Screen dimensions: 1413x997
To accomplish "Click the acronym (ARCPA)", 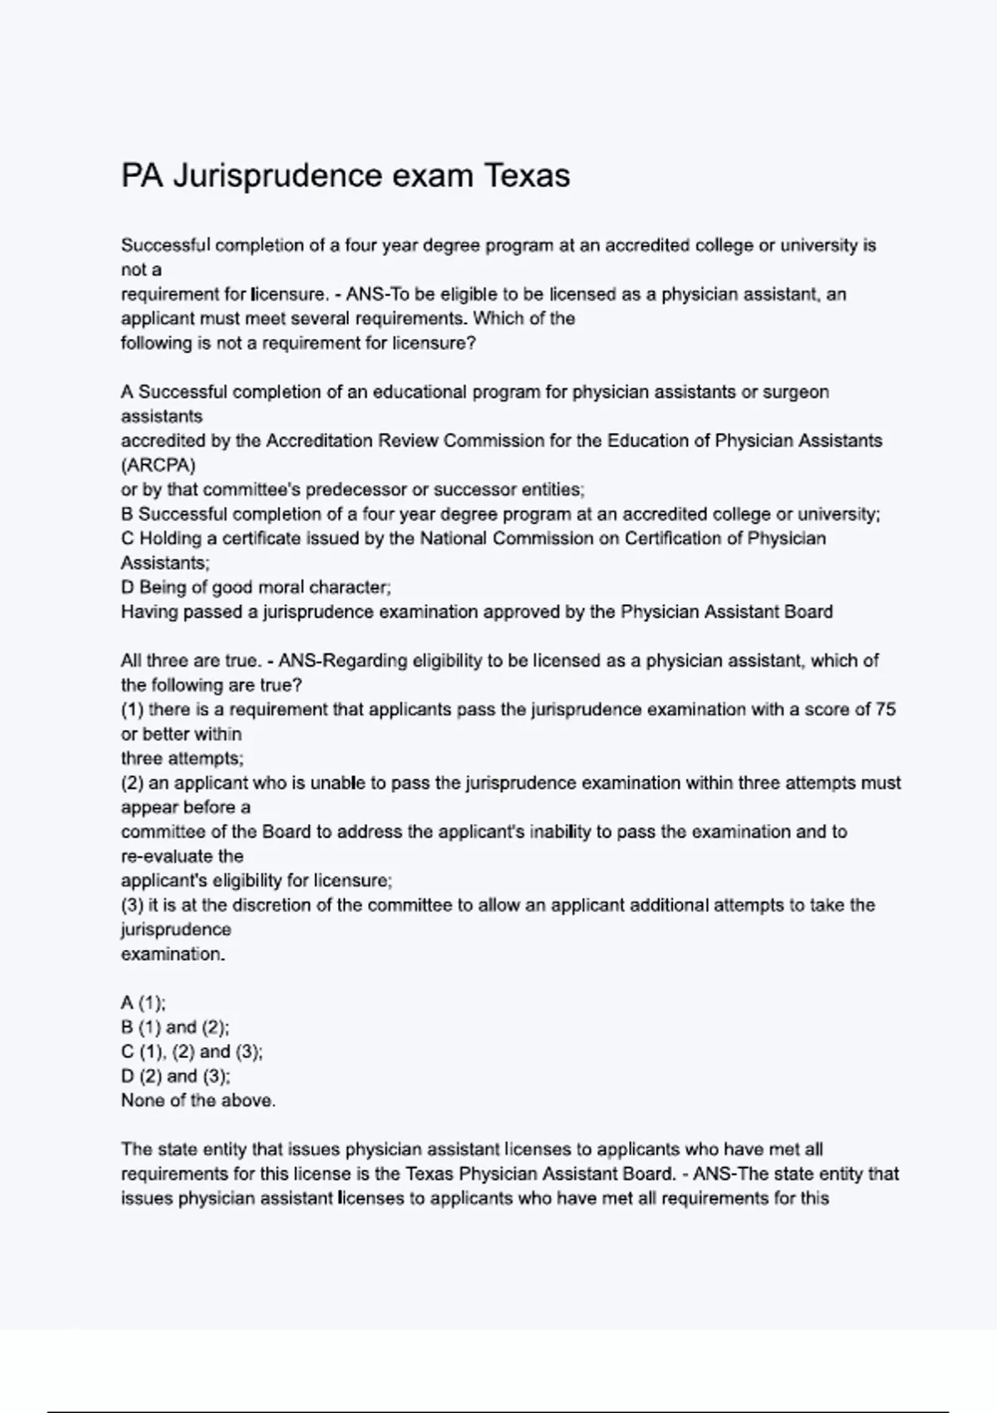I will pos(158,465).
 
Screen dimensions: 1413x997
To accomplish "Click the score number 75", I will pos(886,710).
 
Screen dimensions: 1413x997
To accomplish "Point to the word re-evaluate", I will pos(182,856).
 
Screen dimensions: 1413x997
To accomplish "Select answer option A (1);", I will pos(143,1003).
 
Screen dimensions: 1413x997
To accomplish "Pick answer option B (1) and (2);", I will pos(174,1027).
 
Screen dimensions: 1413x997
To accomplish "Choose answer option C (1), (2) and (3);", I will pos(191,1051).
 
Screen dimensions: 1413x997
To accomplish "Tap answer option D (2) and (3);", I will pos(175,1076).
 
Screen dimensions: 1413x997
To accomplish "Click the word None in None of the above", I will pos(142,1100).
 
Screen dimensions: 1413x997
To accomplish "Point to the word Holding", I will pos(172,539).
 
